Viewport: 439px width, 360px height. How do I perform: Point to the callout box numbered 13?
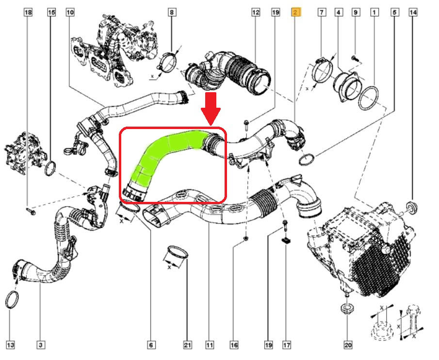pyautogui.click(x=11, y=345)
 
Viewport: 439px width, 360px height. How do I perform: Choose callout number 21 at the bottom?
pyautogui.click(x=187, y=345)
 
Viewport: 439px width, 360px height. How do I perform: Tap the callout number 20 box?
pyautogui.click(x=347, y=345)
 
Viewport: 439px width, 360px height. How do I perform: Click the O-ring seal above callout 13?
pyautogui.click(x=12, y=299)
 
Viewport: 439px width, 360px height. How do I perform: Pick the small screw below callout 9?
pyautogui.click(x=355, y=58)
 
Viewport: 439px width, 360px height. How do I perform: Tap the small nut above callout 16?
pyautogui.click(x=246, y=238)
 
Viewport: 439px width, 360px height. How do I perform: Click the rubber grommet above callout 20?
pyautogui.click(x=347, y=308)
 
